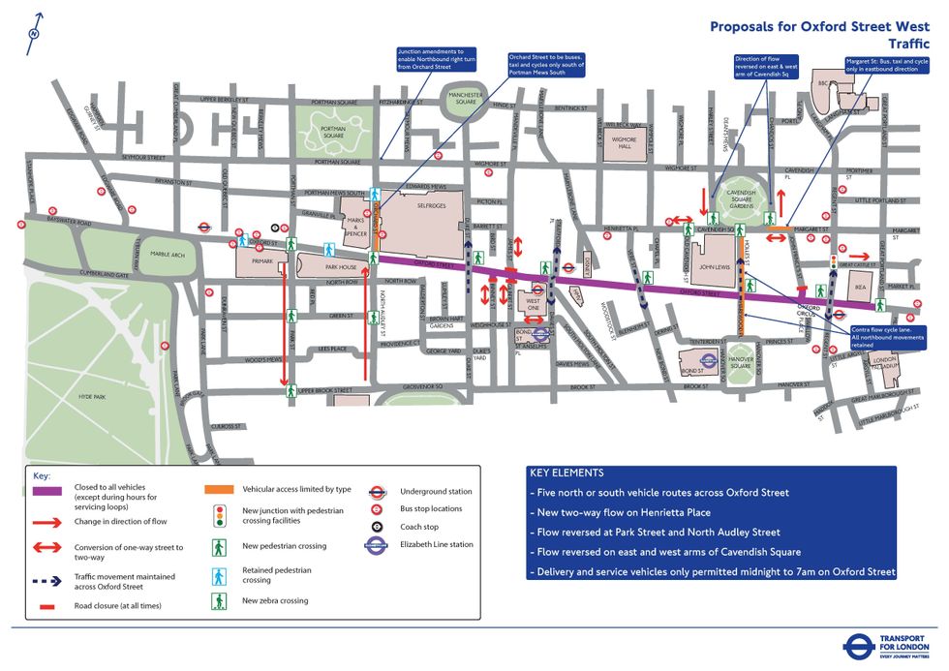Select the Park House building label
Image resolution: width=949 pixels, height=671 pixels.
[x=340, y=266]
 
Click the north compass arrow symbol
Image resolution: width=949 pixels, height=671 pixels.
[x=35, y=27]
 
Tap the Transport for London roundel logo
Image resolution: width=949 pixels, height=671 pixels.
[x=858, y=646]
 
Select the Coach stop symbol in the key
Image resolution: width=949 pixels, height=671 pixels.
[x=380, y=527]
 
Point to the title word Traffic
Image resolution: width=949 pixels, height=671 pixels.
[x=908, y=44]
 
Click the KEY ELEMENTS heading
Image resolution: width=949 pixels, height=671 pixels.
[x=566, y=473]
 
